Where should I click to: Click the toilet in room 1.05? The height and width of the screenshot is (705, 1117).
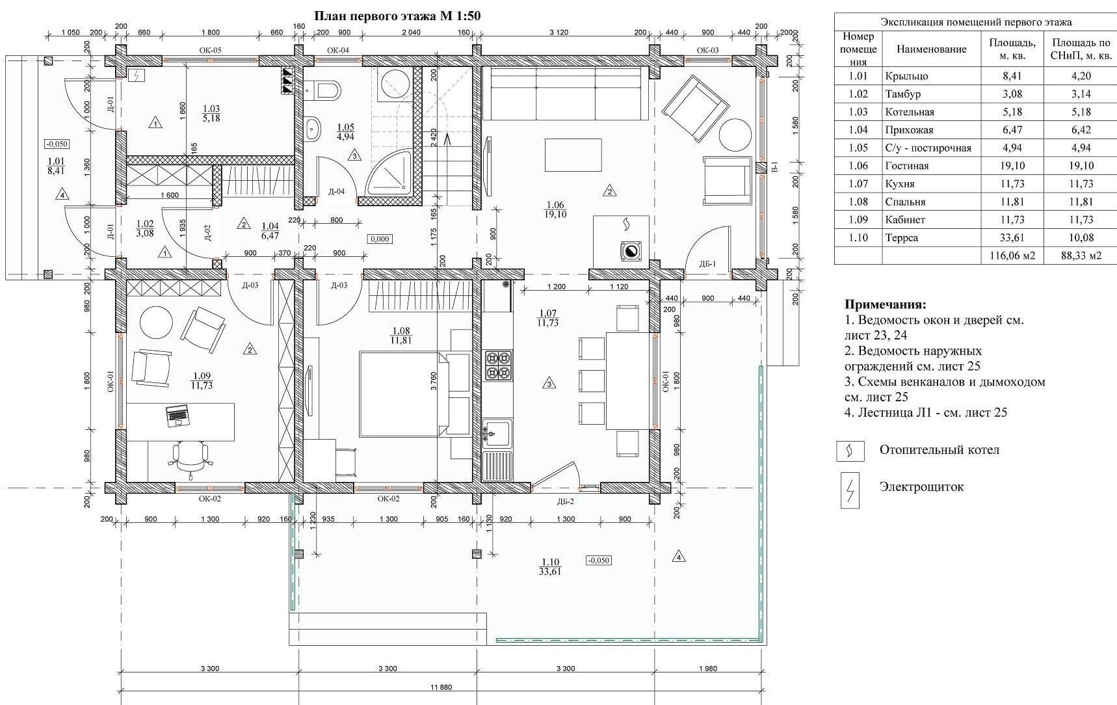[x=324, y=89]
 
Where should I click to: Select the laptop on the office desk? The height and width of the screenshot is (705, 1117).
[x=177, y=414]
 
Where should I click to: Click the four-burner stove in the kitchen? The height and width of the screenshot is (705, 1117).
[x=498, y=365]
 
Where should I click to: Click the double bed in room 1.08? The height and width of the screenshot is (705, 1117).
[x=414, y=394]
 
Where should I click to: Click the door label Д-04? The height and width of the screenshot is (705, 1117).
[x=336, y=191]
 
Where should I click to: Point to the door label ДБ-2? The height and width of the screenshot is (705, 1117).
[x=565, y=501]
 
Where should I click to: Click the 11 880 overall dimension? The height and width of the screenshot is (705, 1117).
[x=441, y=687]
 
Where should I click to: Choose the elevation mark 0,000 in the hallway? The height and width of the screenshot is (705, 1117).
[x=380, y=239]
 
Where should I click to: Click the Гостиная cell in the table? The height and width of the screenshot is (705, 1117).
[x=907, y=166]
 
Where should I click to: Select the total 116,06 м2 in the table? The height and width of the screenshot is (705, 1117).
[x=1012, y=256]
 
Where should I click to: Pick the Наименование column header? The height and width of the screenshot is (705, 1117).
[x=931, y=49]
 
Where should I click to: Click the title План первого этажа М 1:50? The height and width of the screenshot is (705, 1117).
[x=397, y=16]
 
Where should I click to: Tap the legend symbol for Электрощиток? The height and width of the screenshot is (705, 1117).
[x=849, y=490]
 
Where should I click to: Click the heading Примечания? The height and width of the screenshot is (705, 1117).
[x=885, y=304]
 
